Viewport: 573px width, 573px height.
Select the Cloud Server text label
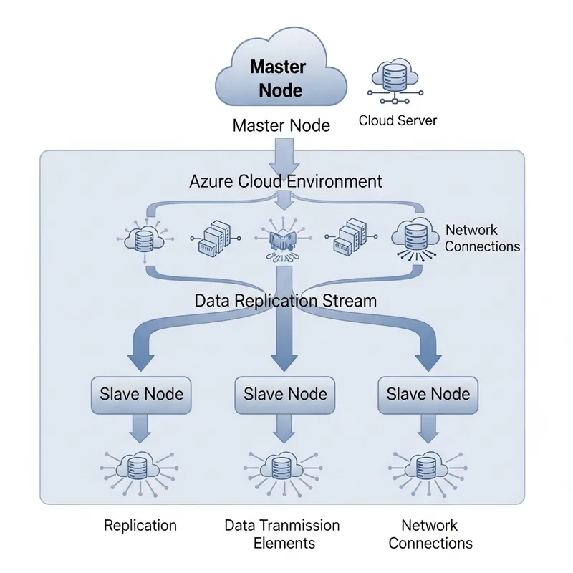(398, 120)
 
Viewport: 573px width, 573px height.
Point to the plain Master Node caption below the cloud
(281, 126)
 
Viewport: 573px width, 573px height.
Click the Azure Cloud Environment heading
(285, 181)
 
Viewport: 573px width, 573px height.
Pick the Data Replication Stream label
(285, 301)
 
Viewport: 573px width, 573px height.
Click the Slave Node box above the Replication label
(141, 393)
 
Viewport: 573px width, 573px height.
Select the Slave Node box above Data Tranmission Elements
(285, 393)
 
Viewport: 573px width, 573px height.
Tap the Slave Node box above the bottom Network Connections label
(428, 393)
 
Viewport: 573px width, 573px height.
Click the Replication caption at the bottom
(140, 525)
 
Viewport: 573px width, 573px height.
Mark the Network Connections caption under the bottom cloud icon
(430, 534)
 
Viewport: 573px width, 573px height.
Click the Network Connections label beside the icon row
(482, 239)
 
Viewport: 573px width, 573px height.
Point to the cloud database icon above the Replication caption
(140, 468)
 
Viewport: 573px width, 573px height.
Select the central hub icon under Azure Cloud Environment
(284, 240)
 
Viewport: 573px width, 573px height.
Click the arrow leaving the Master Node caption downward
(285, 153)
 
